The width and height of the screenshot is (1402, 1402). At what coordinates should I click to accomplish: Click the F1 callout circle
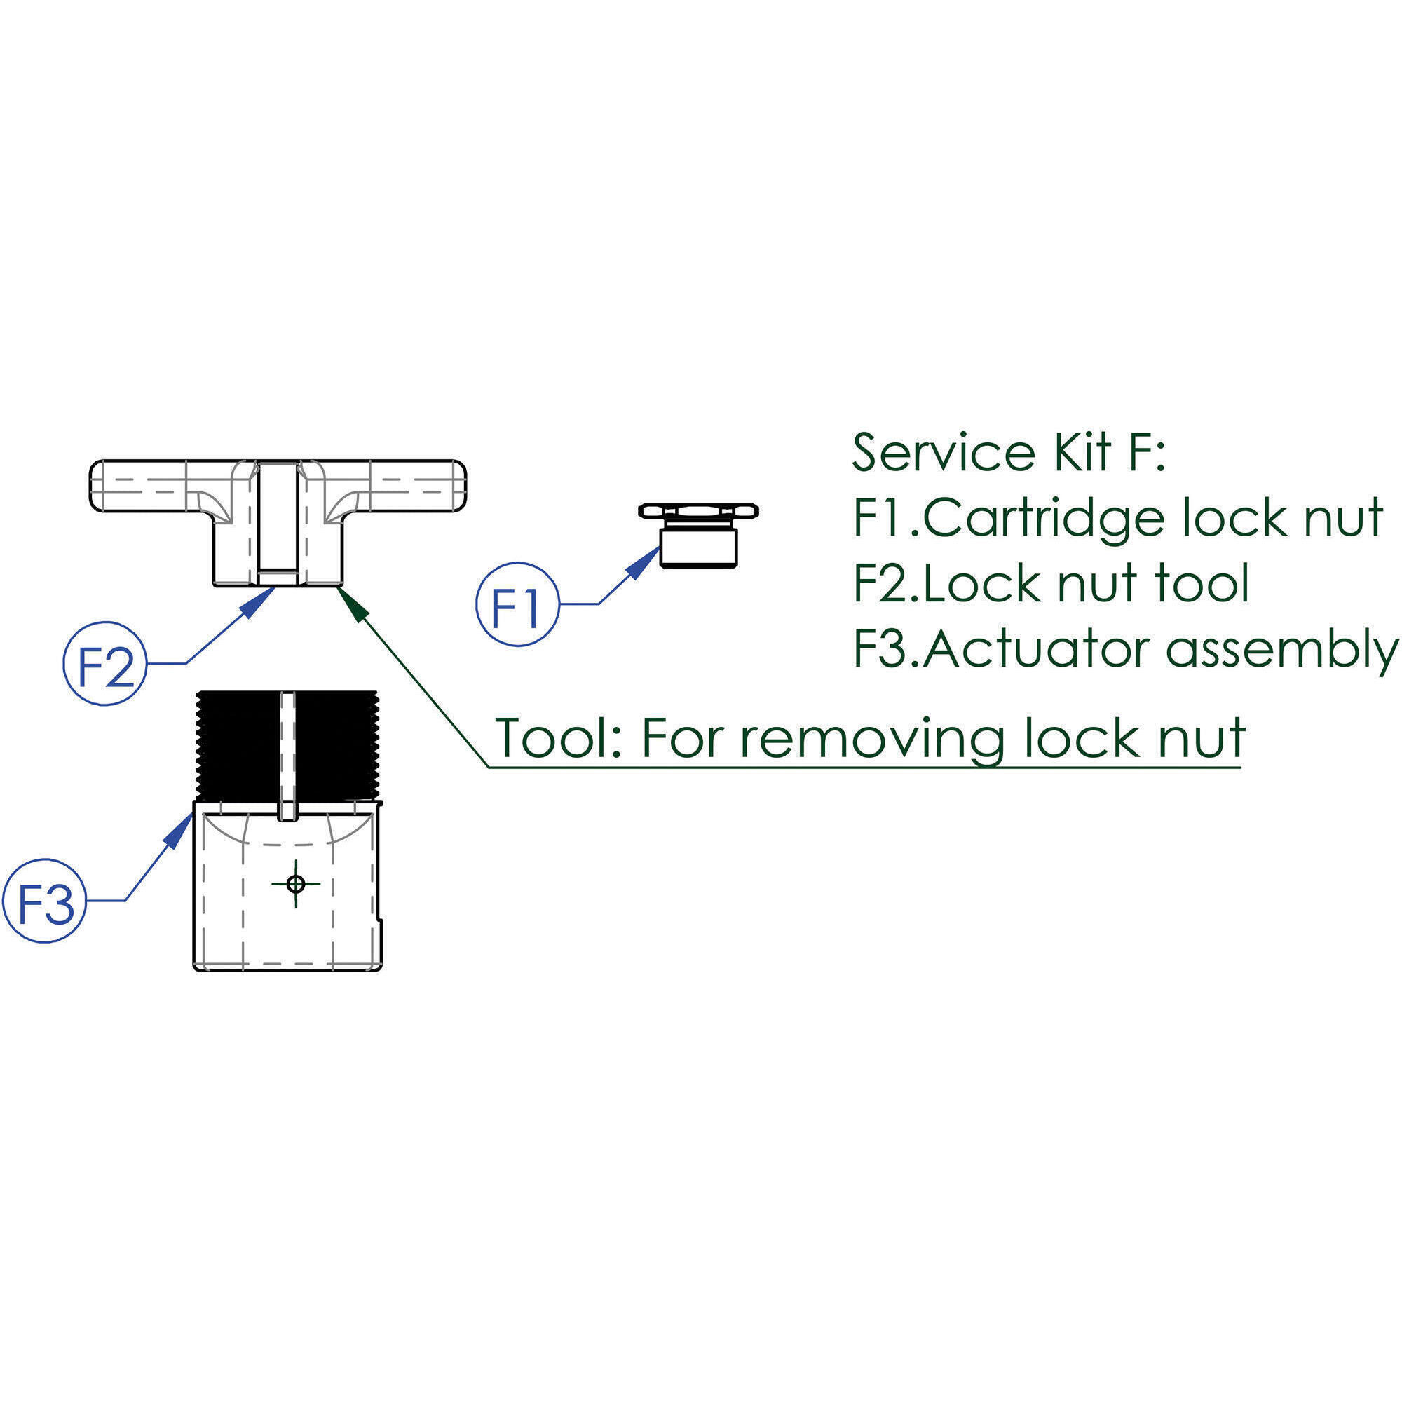pyautogui.click(x=517, y=603)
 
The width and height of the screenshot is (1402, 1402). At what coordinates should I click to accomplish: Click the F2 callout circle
pyautogui.click(x=105, y=662)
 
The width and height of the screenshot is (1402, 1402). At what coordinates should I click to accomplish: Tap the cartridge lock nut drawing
pyautogui.click(x=698, y=535)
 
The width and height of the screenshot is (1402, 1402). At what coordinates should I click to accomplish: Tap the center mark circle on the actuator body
pyautogui.click(x=295, y=883)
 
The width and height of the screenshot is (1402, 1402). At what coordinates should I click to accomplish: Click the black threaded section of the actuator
pyautogui.click(x=232, y=744)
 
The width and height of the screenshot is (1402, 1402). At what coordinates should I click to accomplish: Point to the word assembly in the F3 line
pyautogui.click(x=1280, y=651)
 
